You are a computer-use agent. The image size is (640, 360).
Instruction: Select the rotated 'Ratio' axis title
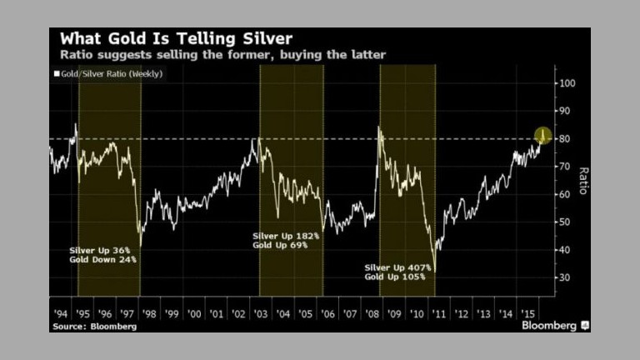coord(585,179)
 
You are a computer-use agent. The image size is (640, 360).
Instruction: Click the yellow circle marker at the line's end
coord(542,134)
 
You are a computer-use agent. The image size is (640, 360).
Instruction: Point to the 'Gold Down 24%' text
coord(104,260)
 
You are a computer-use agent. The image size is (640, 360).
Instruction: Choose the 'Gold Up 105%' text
coord(396,277)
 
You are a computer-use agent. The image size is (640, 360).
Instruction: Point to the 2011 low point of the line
coord(435,270)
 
